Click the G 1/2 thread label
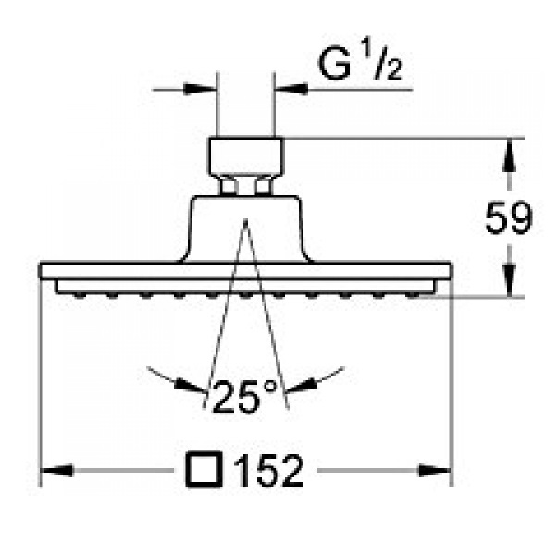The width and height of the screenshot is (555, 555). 361,60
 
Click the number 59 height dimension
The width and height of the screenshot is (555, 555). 509,217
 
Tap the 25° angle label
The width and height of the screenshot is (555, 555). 245,397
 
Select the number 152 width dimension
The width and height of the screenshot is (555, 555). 268,471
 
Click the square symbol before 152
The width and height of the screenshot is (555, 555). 203,469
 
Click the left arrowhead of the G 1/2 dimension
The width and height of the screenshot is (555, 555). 200,89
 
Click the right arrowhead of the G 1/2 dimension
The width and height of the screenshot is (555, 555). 291,89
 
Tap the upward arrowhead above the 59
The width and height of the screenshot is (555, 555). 510,155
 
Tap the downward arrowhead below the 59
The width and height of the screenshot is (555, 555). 510,279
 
